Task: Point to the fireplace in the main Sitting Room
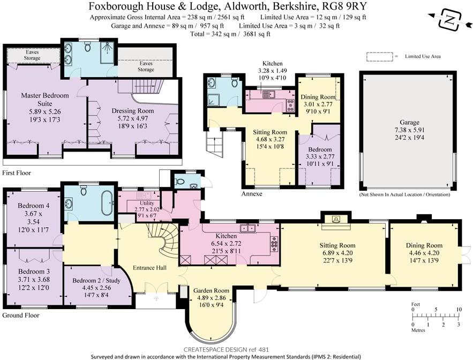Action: [x=336, y=219]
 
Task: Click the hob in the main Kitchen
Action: [x=275, y=243]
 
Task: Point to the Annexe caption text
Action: [x=251, y=194]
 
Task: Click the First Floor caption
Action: [x=17, y=173]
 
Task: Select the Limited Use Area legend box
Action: [x=379, y=56]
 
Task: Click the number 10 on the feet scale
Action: [x=458, y=310]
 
